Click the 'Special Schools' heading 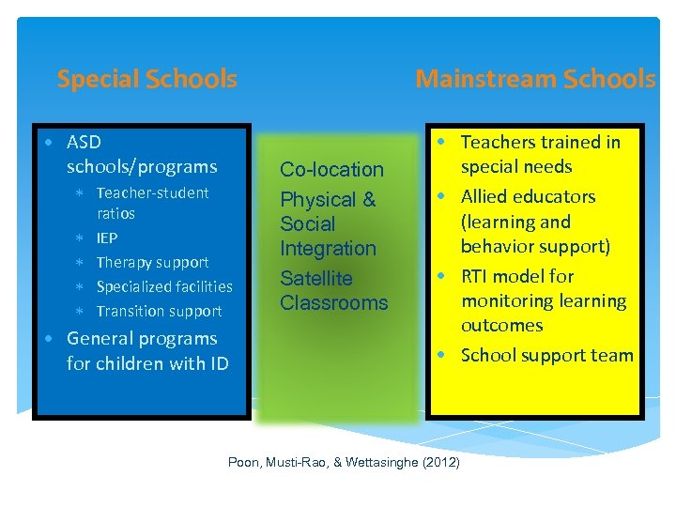pos(146,79)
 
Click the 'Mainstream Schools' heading pos(535,79)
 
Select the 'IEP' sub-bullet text pos(107,238)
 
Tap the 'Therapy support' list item pos(152,262)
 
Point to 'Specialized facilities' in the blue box pos(164,286)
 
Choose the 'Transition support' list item pos(159,311)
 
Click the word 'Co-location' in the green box pos(332,170)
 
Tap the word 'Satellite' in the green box pos(316,279)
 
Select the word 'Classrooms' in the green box pos(334,302)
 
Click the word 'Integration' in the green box pos(328,248)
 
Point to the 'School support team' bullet pos(546,355)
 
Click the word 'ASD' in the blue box pos(84,143)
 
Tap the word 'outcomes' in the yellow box pos(501,325)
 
